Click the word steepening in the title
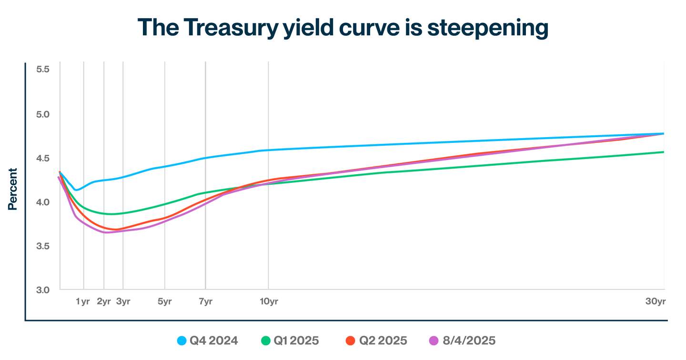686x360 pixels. coord(487,28)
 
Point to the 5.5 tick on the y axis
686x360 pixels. coord(42,70)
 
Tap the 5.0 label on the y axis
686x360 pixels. coord(42,114)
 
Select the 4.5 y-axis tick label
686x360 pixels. coord(42,158)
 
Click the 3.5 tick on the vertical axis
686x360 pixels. coord(42,246)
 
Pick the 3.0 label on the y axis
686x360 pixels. coord(42,290)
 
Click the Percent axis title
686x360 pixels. coord(13,189)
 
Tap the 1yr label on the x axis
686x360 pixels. coord(82,301)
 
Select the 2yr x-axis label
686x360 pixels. coord(103,301)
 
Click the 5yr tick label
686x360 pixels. coord(164,301)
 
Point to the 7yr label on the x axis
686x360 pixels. coord(205,301)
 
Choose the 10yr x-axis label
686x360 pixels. coord(269,301)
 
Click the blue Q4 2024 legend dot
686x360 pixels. coord(182,341)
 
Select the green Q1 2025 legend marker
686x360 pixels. coord(265,341)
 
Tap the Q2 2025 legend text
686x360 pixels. coord(383,341)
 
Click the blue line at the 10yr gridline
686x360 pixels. coord(268,150)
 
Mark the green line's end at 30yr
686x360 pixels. coord(664,152)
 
